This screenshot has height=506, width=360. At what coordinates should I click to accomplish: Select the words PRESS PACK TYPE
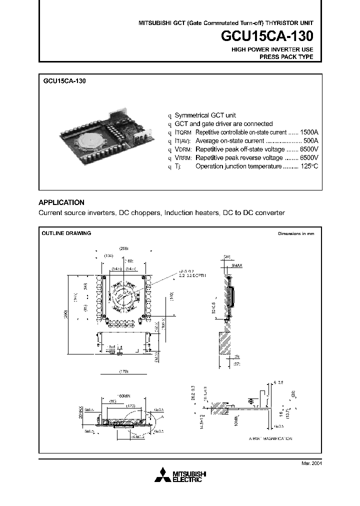286,57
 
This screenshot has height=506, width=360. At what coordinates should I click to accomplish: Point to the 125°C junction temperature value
309,166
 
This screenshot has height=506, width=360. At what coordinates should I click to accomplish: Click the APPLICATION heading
61,202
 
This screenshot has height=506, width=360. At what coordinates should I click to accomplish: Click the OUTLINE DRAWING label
66,233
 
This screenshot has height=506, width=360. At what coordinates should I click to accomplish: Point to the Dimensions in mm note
296,234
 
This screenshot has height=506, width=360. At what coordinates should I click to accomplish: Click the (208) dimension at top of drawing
124,248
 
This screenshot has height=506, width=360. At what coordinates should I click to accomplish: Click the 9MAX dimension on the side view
237,266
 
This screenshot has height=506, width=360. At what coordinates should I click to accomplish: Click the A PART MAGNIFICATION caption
270,438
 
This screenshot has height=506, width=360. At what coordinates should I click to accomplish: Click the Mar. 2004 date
311,463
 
